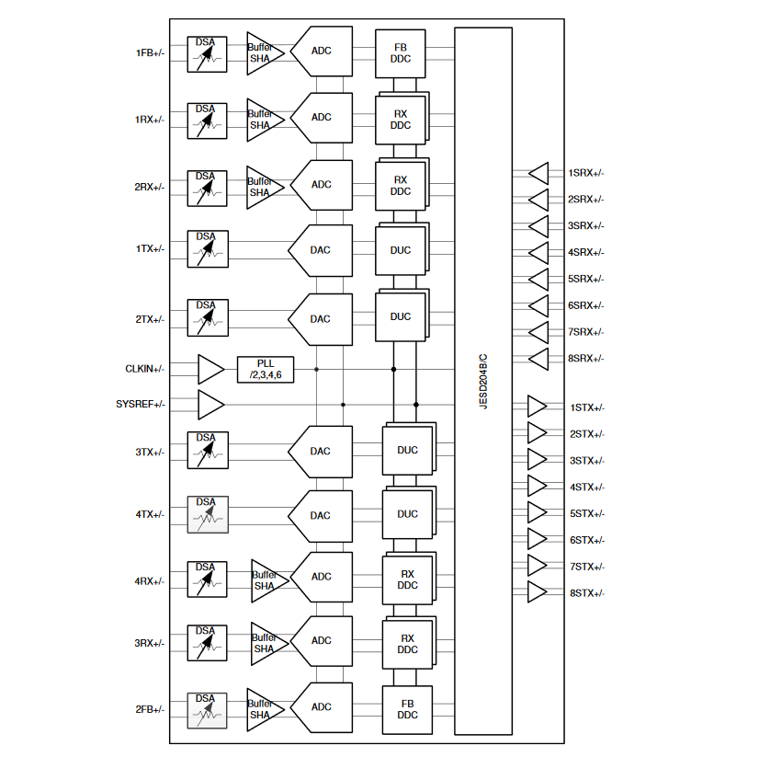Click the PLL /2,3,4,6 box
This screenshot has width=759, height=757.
(266, 369)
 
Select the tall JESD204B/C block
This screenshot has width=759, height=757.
(483, 381)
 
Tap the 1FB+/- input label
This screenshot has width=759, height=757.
(150, 52)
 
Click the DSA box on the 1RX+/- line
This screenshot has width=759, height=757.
(207, 120)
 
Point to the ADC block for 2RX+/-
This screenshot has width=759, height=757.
(321, 185)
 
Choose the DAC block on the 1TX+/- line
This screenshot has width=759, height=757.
(320, 250)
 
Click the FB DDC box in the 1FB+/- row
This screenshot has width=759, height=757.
(401, 52)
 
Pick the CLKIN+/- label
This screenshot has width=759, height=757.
(145, 369)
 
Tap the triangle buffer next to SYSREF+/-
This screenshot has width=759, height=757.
(211, 404)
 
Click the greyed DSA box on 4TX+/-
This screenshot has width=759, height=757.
(207, 514)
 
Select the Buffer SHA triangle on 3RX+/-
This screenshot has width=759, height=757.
(268, 643)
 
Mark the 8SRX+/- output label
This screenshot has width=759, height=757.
(585, 359)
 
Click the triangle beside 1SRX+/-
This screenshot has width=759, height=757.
(538, 173)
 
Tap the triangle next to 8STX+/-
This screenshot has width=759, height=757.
(537, 592)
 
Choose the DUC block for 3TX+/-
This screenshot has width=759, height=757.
(407, 450)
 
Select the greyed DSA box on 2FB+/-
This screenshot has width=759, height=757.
(207, 709)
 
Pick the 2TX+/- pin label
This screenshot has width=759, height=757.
(150, 319)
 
